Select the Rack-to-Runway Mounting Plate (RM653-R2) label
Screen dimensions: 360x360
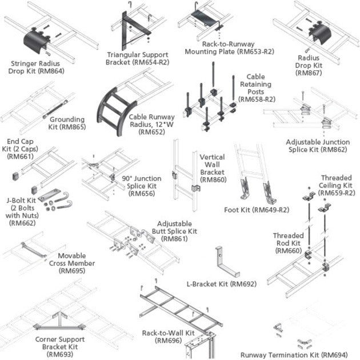point(229,47)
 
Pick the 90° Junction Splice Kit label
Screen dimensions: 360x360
point(141,186)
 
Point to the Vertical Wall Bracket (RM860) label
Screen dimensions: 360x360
point(212,168)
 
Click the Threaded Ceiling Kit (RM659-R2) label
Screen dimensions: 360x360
point(336,185)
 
